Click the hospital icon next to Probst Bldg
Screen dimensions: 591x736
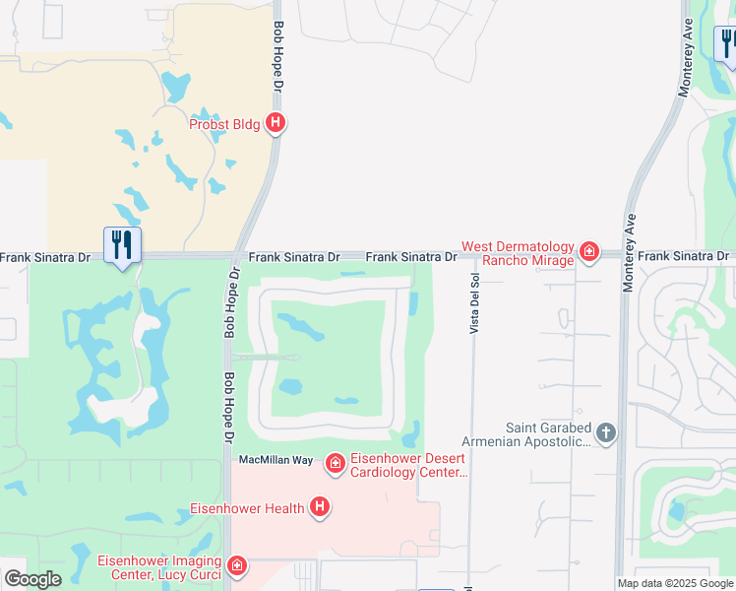(276, 123)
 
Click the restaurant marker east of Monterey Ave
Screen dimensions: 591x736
(728, 44)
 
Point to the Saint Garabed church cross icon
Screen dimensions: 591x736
(606, 431)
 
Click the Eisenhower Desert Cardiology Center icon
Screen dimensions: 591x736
(335, 463)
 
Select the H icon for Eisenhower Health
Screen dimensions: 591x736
(319, 507)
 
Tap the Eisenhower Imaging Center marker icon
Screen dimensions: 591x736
(236, 565)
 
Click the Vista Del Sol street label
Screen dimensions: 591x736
(474, 302)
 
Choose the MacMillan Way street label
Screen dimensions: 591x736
(276, 460)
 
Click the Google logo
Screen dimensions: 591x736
(32, 579)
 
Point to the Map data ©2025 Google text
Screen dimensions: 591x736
(676, 583)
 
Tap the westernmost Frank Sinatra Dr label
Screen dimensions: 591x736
(45, 257)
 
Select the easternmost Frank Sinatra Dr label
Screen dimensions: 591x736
(683, 256)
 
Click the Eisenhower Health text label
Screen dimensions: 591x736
(248, 509)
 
